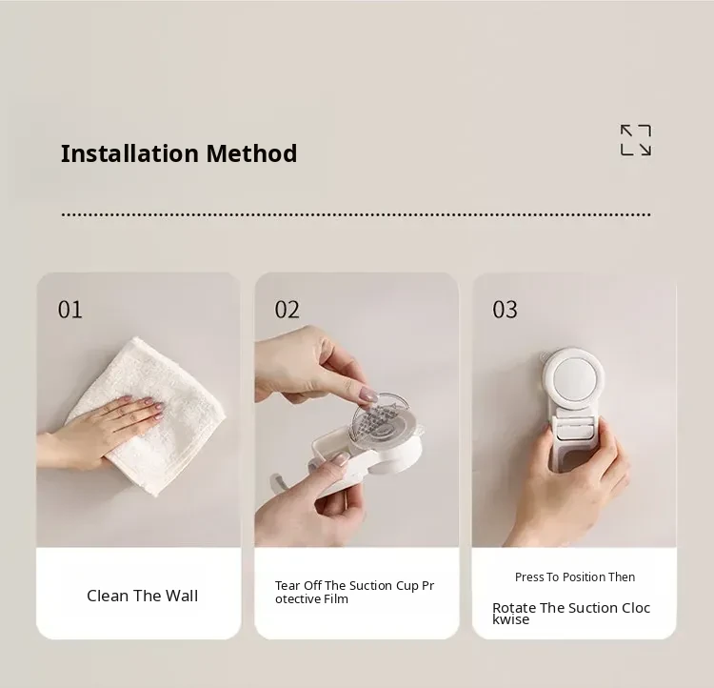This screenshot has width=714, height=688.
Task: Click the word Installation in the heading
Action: pyautogui.click(x=129, y=153)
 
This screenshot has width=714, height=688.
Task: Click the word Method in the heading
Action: pyautogui.click(x=251, y=153)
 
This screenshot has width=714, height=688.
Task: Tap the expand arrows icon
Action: pyautogui.click(x=636, y=140)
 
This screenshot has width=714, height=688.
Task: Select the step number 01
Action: pyautogui.click(x=70, y=310)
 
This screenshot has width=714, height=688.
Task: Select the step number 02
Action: pyautogui.click(x=287, y=310)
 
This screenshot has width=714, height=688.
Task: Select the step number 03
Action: pyautogui.click(x=505, y=310)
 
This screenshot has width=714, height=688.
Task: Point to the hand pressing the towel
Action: pyautogui.click(x=100, y=431)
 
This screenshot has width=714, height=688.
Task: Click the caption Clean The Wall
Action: pyautogui.click(x=143, y=596)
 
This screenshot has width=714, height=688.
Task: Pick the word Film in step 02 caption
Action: pyautogui.click(x=336, y=598)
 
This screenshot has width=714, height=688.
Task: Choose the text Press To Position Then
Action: pyautogui.click(x=575, y=577)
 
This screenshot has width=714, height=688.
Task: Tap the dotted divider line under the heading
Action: pyautogui.click(x=356, y=214)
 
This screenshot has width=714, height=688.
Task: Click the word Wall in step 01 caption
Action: pyautogui.click(x=182, y=596)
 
